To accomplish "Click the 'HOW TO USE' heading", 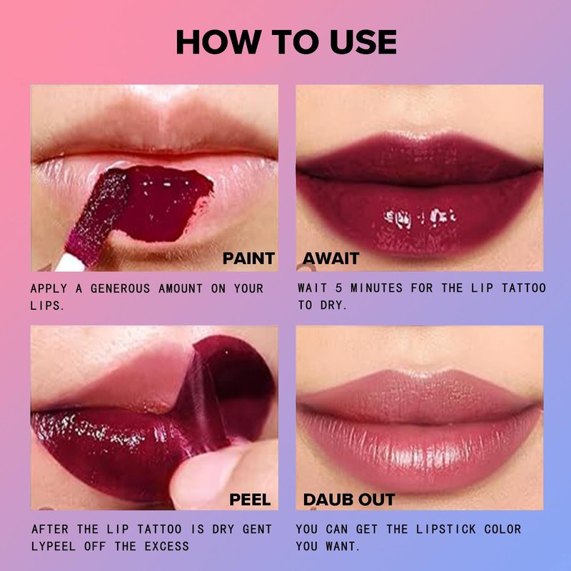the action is [x=286, y=42].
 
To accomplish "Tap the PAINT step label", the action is [x=248, y=258].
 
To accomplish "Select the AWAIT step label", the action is [x=331, y=258].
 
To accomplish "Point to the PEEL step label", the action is [x=251, y=500].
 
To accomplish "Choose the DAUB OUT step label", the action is [x=349, y=500].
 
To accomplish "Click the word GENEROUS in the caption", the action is [x=120, y=289].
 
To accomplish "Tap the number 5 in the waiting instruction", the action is [x=338, y=288].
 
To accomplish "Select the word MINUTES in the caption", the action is [x=377, y=288].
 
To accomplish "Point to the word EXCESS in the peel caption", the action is [x=167, y=546].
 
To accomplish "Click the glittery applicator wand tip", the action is [x=99, y=216].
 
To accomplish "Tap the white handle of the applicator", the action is [x=70, y=263].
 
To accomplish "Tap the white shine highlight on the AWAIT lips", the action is [x=419, y=218].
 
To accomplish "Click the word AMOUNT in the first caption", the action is [x=181, y=289].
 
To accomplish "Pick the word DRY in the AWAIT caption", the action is [x=333, y=305].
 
